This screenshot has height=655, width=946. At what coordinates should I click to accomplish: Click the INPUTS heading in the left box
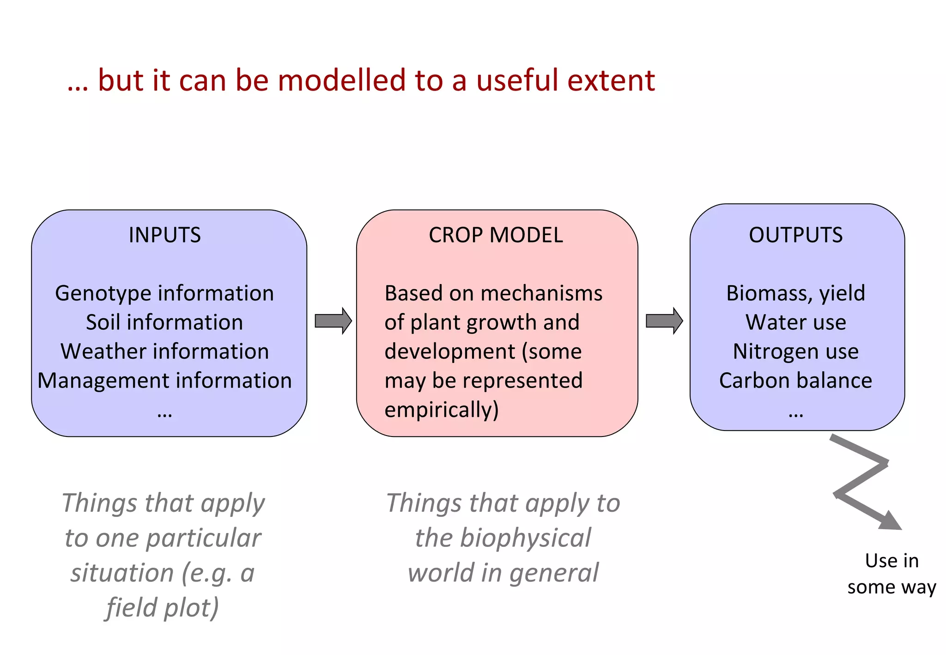pos(164,235)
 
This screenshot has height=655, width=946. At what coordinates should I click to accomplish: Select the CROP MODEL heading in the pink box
pos(496,235)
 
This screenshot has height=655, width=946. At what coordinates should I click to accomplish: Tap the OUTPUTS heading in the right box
pos(795,235)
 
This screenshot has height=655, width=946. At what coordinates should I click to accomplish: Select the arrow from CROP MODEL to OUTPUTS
pos(664,321)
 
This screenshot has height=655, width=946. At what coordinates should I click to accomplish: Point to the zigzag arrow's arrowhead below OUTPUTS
pos(890,522)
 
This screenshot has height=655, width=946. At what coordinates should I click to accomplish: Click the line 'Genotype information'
pos(164,293)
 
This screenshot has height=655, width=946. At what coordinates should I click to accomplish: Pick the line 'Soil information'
pos(164,322)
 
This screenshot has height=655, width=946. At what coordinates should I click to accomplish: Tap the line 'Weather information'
pos(164,352)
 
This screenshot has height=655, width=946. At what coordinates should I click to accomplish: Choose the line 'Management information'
pos(164,381)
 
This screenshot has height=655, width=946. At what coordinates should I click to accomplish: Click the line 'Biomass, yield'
pos(795,293)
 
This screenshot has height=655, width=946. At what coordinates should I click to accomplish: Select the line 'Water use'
pos(795,322)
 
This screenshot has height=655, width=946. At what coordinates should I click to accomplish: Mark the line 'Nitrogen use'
pos(795,352)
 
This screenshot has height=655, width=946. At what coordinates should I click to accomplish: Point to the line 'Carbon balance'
pos(795,381)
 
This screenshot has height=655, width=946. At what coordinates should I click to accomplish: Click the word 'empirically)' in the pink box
pos(442,410)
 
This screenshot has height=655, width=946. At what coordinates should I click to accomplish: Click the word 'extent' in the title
pos(611,80)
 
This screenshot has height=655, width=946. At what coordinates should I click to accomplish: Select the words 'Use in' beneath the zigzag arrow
pos(891,561)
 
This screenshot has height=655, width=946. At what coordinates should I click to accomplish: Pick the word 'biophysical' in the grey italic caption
pos(526,538)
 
